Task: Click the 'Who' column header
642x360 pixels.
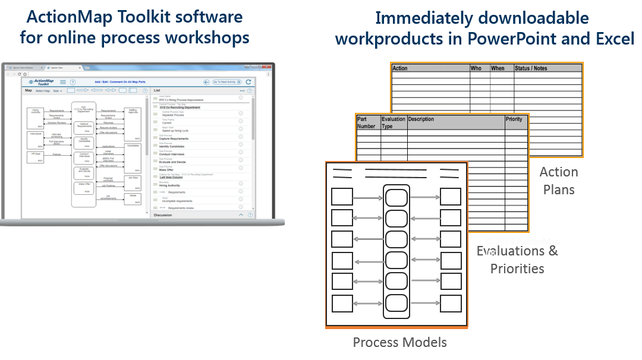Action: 476,68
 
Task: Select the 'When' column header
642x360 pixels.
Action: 498,68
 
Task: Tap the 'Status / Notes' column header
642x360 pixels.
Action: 531,68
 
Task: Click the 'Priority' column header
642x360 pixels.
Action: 514,119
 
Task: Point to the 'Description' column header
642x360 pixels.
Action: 421,119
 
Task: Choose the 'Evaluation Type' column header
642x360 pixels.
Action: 393,122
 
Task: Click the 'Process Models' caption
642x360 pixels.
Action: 399,342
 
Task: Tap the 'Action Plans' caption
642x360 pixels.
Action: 558,181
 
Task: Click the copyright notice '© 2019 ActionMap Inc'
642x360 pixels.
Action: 521,246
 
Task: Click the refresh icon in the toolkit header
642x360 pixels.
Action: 248,82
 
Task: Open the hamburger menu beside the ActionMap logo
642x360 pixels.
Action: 63,82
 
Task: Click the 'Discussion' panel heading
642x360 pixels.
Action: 163,215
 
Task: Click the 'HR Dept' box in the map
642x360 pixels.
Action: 36,157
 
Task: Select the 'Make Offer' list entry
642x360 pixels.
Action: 166,170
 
